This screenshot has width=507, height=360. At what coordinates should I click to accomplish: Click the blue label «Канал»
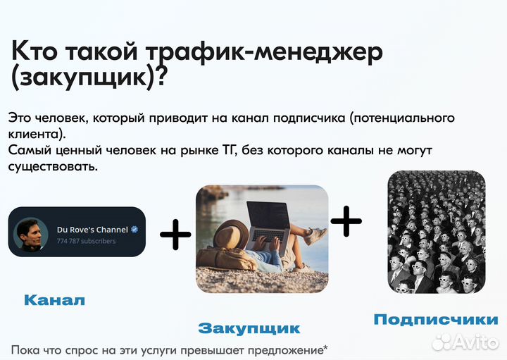(55, 301)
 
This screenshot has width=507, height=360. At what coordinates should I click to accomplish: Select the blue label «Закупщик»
(249, 328)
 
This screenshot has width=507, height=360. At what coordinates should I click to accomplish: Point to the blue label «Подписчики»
(435, 319)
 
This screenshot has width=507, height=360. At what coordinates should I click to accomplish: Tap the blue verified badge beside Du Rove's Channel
(134, 230)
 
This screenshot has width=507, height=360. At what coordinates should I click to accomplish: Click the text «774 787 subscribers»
(87, 241)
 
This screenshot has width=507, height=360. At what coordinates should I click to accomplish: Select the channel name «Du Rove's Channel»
(92, 230)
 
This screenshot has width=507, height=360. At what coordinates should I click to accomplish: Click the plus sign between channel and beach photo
(175, 234)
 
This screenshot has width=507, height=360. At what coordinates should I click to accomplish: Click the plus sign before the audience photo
(346, 221)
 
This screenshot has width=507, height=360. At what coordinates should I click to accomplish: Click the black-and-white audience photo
(437, 232)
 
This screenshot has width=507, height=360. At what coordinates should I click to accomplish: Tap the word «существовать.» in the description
(52, 167)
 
